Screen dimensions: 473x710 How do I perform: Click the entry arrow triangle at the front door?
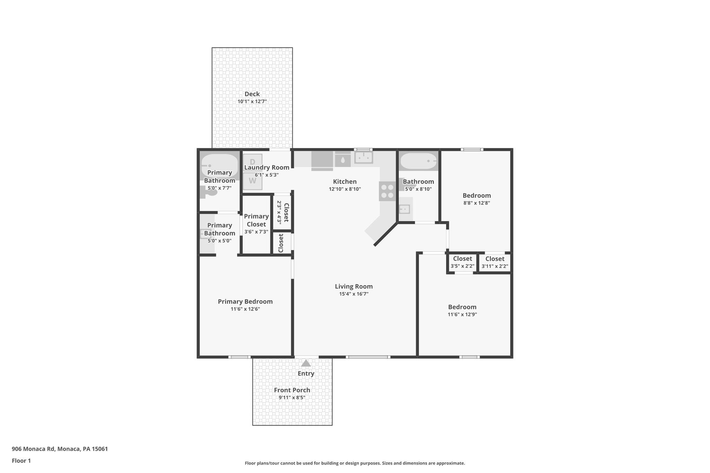(306, 363)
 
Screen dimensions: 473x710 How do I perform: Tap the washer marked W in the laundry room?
(252, 181)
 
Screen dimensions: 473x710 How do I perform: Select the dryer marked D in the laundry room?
(252, 161)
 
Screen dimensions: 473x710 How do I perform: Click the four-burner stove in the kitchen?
(387, 191)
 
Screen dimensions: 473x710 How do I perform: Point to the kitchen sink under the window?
(363, 158)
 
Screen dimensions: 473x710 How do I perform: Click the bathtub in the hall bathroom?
(418, 161)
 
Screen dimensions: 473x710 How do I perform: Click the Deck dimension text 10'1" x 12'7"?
(252, 102)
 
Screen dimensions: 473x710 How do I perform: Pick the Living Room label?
(354, 286)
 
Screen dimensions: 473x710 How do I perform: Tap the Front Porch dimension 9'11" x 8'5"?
(292, 397)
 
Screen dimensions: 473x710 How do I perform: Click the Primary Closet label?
(256, 220)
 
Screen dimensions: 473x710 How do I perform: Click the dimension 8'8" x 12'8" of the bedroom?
(477, 203)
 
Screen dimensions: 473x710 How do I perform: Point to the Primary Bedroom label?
(245, 301)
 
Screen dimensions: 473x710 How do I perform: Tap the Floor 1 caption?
(21, 461)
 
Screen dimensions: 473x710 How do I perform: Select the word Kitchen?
(345, 182)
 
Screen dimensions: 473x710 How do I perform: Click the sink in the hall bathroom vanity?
(405, 209)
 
